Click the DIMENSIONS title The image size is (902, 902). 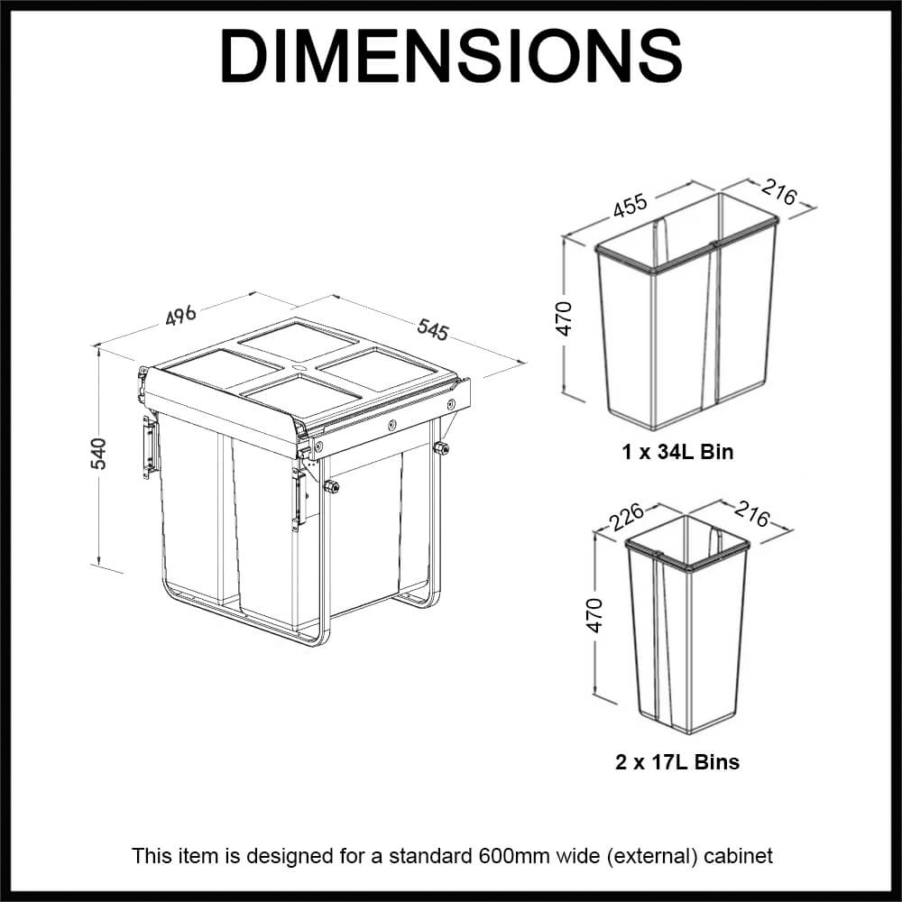(451, 56)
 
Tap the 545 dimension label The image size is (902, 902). (432, 329)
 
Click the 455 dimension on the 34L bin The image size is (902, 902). (630, 205)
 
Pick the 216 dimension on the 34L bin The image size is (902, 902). (778, 192)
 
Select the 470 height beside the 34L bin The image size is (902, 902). (565, 318)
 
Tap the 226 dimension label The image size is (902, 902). (627, 514)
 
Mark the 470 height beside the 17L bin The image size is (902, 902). (594, 615)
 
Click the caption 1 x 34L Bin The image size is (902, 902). (677, 452)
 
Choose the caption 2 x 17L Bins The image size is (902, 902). (677, 762)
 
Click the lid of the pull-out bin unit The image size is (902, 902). (302, 370)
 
